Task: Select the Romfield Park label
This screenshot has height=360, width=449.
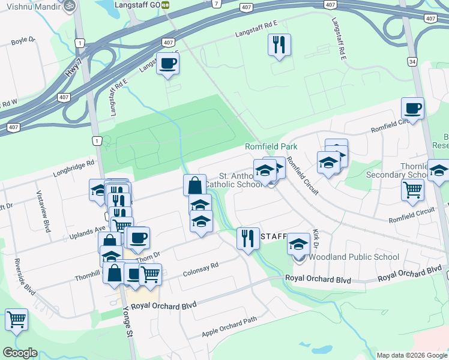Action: [x=271, y=146]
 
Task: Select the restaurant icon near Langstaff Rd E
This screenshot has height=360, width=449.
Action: [x=279, y=45]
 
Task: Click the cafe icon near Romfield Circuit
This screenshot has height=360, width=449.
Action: [x=412, y=109]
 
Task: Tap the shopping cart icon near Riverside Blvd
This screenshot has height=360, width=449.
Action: [x=17, y=319]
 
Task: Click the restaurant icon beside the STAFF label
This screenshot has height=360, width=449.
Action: [x=248, y=238]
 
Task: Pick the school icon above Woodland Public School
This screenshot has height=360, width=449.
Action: [x=298, y=244]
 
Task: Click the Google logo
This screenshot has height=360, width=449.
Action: [x=20, y=353]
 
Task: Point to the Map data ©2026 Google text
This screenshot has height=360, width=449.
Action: [x=412, y=355]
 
